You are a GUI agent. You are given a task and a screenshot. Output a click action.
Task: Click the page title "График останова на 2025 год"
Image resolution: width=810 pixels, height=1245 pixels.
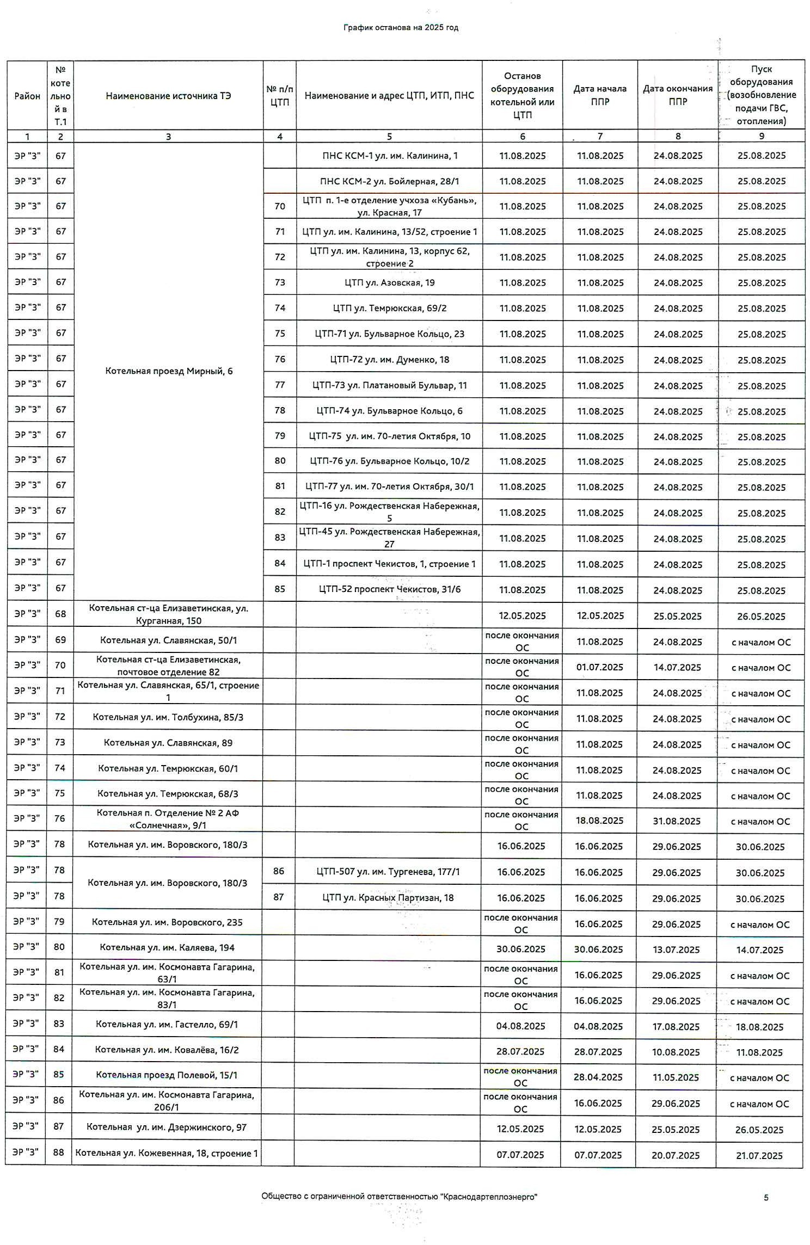click(x=401, y=28)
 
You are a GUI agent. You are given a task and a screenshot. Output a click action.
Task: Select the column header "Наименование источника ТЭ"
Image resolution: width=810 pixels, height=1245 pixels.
click(x=168, y=96)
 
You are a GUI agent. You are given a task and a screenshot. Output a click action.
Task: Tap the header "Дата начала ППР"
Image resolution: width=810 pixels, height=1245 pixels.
click(x=600, y=95)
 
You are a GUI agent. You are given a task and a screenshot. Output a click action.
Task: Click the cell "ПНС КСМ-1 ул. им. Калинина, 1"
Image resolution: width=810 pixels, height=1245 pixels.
click(x=389, y=156)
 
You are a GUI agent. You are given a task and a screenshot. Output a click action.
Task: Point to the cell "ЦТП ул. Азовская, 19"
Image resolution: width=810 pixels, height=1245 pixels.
click(x=389, y=282)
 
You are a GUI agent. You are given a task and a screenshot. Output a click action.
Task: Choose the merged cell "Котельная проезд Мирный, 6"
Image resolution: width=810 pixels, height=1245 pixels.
click(x=169, y=371)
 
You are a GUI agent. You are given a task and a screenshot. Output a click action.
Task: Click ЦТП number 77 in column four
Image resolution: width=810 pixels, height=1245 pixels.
click(x=280, y=385)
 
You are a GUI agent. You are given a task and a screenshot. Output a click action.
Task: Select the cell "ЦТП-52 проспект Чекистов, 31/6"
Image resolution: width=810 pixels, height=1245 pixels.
click(x=389, y=589)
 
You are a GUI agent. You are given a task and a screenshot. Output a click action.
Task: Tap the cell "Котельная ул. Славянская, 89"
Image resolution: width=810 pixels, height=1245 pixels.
click(x=168, y=743)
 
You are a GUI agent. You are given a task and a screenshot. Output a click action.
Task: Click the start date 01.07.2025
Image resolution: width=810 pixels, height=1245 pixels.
click(x=599, y=668)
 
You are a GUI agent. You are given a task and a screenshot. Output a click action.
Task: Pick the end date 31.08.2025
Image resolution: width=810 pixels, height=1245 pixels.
click(x=677, y=821)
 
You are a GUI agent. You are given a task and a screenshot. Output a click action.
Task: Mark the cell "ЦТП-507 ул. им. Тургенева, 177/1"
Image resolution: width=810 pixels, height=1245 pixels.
click(x=388, y=872)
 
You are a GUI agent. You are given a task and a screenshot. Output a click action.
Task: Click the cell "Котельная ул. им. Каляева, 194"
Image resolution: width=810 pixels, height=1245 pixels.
click(x=167, y=947)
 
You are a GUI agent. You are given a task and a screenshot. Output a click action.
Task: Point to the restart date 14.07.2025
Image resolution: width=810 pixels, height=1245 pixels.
click(x=759, y=950)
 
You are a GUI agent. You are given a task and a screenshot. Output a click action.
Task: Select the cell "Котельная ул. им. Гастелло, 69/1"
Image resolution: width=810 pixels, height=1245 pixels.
click(x=167, y=1024)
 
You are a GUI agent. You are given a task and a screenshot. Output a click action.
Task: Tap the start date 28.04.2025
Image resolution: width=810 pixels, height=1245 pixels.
click(x=598, y=1077)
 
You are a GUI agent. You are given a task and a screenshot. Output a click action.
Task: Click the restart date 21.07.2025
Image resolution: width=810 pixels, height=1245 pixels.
click(x=759, y=1155)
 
